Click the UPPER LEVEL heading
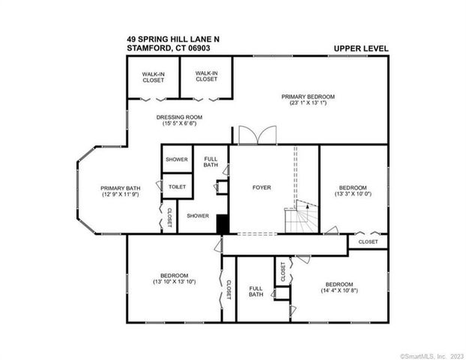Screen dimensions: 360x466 [361, 49]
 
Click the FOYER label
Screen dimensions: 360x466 [261, 187]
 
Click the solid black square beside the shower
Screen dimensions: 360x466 [222, 223]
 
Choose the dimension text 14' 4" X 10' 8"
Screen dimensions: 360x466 [339, 291]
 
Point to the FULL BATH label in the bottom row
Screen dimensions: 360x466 [256, 291]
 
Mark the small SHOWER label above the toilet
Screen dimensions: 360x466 [177, 159]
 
